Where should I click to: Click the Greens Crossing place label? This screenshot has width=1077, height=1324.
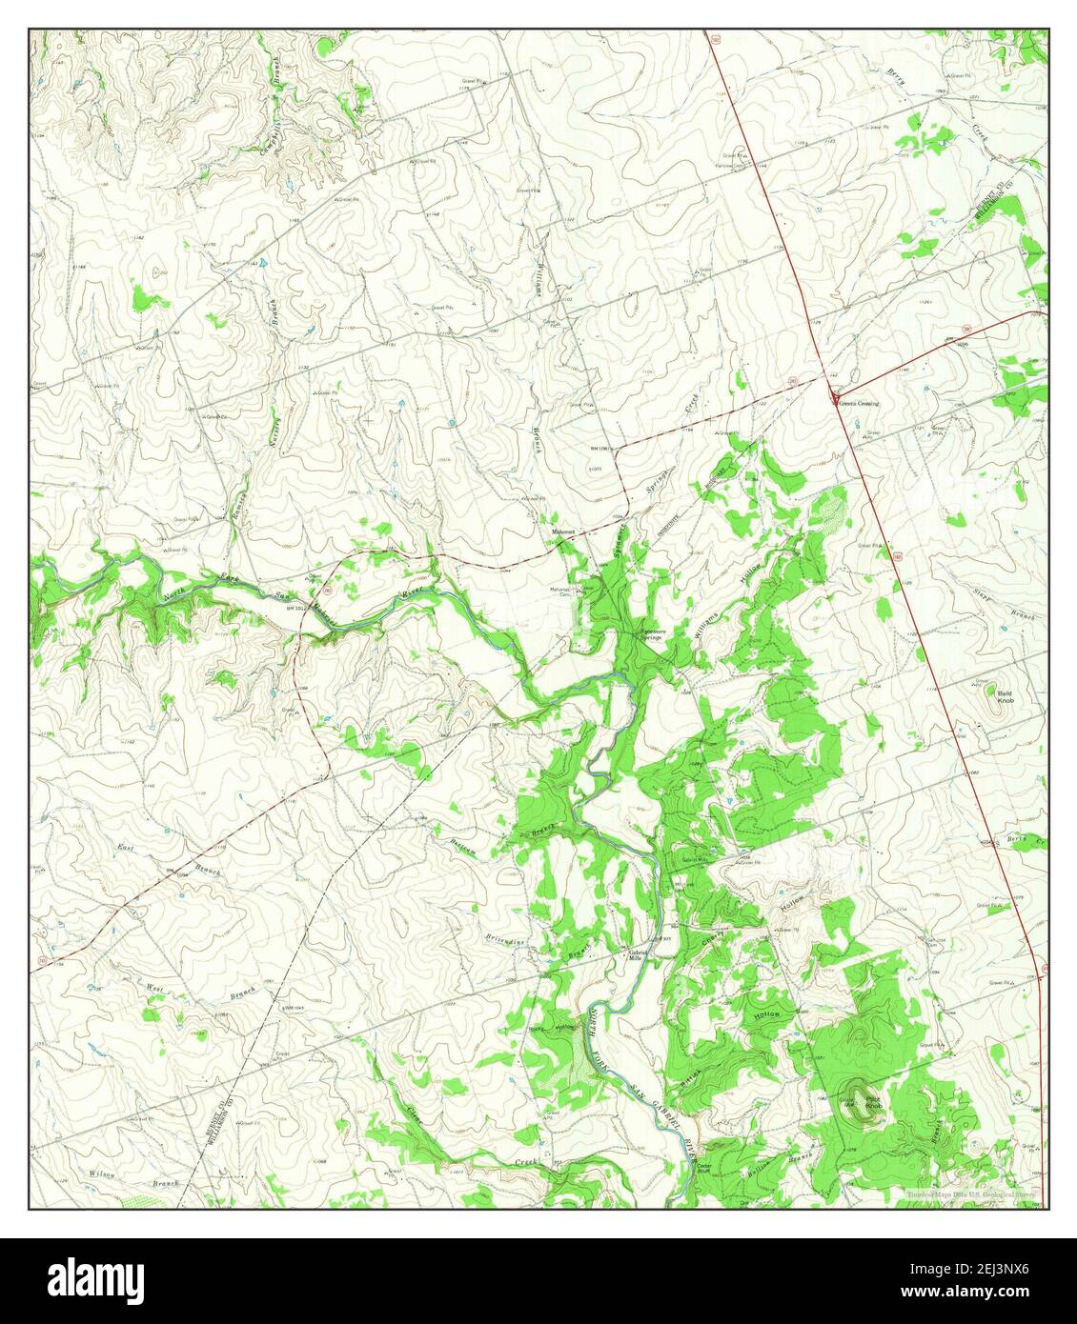click(x=859, y=404)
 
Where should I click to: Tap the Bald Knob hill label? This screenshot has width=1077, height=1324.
click(x=1005, y=697)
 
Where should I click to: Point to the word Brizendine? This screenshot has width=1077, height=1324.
click(x=506, y=939)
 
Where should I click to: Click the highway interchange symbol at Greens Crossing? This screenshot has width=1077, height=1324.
click(x=836, y=400)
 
